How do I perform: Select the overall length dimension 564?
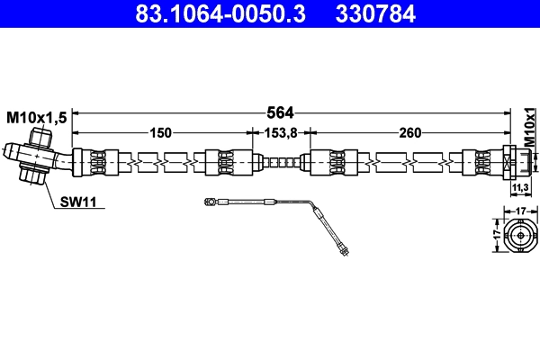280,112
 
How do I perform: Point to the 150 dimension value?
160,133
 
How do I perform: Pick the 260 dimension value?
409,133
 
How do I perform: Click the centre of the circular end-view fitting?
520,238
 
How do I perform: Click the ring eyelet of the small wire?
209,203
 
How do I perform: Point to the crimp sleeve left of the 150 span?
94,163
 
